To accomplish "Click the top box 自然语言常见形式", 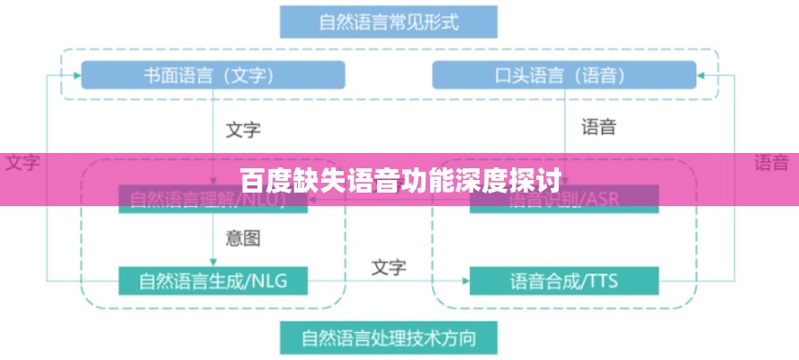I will click(x=388, y=22).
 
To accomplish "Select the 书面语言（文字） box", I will click(x=212, y=75).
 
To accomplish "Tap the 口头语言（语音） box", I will click(x=564, y=75).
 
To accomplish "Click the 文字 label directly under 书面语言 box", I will click(x=242, y=130).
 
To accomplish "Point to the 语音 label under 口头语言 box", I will click(x=598, y=127).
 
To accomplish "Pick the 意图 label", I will click(x=242, y=238).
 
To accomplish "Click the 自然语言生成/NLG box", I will click(x=212, y=281).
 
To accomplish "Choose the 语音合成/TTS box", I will click(x=563, y=281).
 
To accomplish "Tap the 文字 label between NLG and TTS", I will click(x=389, y=267).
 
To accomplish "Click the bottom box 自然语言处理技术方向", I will click(x=388, y=338).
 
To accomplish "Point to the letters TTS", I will click(x=600, y=281).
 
